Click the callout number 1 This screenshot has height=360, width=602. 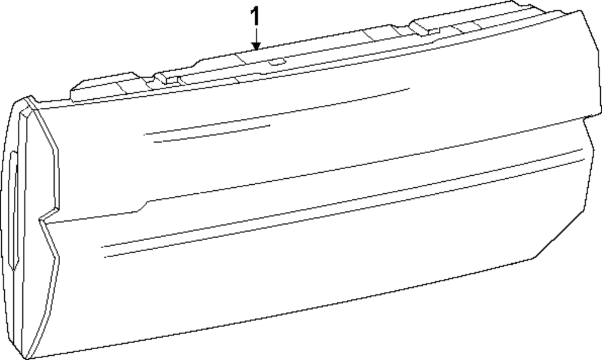[256, 16]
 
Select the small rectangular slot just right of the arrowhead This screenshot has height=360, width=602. [277, 60]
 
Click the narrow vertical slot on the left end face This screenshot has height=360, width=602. [11, 205]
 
